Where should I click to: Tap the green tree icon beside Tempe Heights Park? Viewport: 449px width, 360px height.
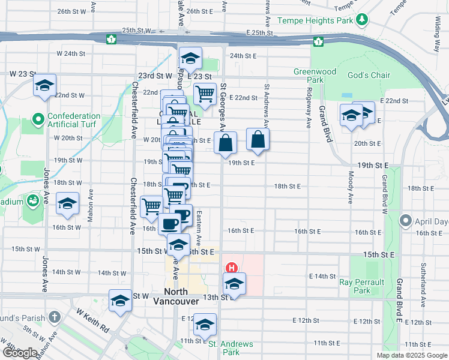361,20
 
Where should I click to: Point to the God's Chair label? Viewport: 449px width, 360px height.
369,75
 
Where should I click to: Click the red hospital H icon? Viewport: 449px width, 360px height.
229,268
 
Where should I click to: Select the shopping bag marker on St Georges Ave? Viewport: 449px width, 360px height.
226,143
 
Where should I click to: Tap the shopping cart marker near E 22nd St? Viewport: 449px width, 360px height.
205,94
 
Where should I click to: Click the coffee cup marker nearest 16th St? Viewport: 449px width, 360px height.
169,224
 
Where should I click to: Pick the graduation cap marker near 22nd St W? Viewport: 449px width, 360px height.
44,85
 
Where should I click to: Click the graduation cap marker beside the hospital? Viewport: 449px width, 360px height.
234,283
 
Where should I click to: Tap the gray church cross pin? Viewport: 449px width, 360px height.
54,316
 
